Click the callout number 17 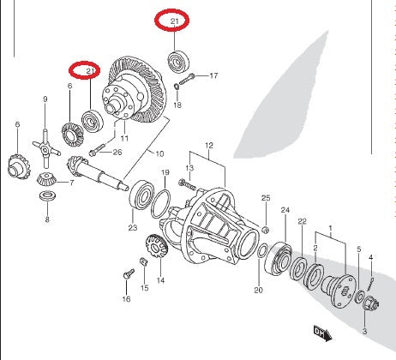[213, 75]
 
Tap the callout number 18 [177, 105]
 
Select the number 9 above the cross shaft [45, 100]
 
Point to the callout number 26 [117, 153]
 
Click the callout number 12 [208, 147]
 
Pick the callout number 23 [133, 228]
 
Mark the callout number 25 [266, 198]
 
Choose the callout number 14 [159, 280]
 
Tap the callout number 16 [126, 299]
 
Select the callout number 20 [258, 291]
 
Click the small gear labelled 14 [155, 248]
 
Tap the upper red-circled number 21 [174, 19]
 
